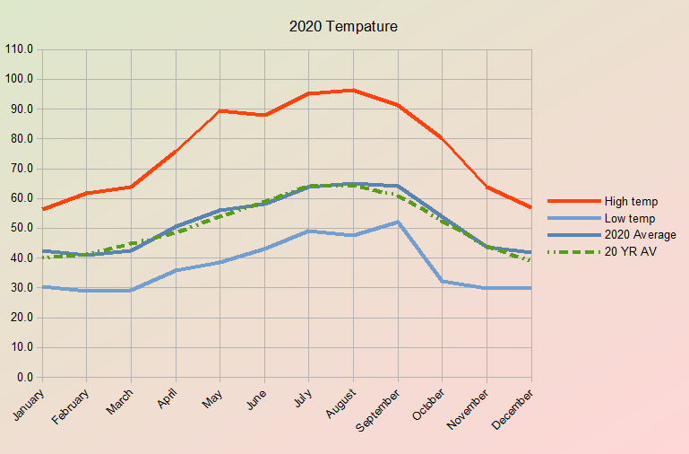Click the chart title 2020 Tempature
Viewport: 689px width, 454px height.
click(x=343, y=27)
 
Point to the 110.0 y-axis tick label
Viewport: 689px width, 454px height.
click(x=19, y=49)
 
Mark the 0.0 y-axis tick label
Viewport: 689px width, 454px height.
click(x=24, y=377)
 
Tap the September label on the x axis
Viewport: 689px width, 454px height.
click(x=376, y=408)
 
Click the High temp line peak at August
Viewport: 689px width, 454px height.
click(x=354, y=91)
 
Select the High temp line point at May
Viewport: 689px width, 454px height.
click(x=220, y=111)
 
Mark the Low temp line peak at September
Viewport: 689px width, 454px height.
click(x=398, y=222)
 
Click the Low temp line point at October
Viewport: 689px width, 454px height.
click(x=443, y=281)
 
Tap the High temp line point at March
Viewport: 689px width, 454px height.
click(x=132, y=187)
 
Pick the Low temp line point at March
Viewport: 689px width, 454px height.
click(x=132, y=290)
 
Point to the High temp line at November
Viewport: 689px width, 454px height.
click(x=487, y=187)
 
